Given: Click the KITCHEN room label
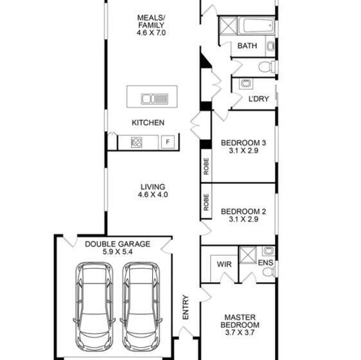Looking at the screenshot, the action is (x=148, y=123).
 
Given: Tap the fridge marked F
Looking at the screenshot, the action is (x=168, y=141).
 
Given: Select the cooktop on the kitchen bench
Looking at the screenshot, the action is (x=137, y=142).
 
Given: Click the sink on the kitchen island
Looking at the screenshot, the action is (x=155, y=99).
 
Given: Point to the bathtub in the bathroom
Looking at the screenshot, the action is (x=256, y=26).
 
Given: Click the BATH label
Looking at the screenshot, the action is (x=247, y=46).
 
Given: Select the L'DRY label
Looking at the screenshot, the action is (x=259, y=99).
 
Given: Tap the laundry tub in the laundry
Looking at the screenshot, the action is (x=246, y=84).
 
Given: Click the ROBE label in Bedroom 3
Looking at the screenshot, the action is (x=206, y=166).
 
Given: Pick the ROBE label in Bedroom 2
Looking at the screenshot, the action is (x=206, y=202).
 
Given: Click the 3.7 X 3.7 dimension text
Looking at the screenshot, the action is (x=240, y=332).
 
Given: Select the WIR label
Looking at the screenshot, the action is (x=224, y=264).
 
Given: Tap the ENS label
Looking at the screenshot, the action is (x=265, y=262).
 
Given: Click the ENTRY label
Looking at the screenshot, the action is (x=186, y=307).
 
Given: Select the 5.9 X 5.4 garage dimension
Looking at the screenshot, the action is (x=118, y=251).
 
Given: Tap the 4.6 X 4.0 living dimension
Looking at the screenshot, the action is (x=153, y=195).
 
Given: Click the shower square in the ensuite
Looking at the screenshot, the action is (x=248, y=255).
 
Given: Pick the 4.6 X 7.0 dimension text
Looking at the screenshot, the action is (x=151, y=33).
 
